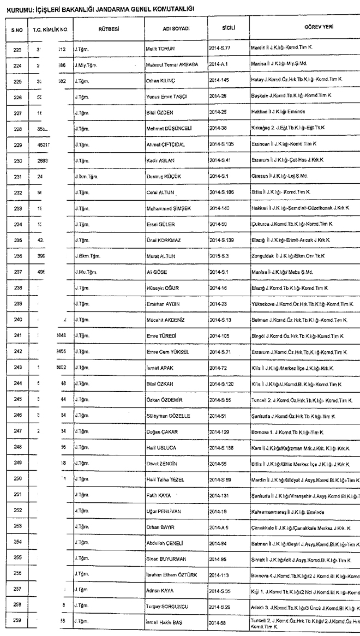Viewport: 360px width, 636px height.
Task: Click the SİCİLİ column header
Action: [229, 27]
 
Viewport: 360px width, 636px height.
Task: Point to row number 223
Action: [17, 49]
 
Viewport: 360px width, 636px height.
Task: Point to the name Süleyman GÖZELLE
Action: [169, 416]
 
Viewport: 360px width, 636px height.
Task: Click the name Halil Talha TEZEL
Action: [166, 479]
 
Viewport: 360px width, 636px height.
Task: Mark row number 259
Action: [17, 621]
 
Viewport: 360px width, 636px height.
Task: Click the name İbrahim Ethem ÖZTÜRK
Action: [172, 575]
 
